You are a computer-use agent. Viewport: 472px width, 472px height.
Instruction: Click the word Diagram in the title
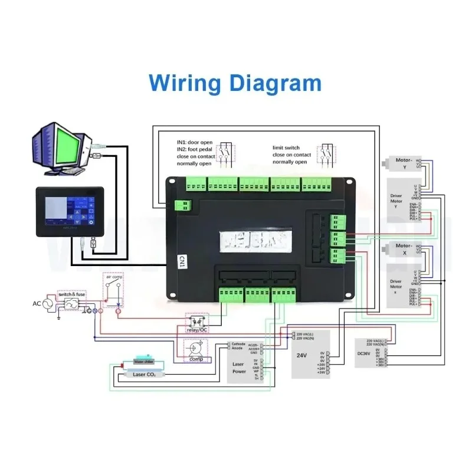click(276, 82)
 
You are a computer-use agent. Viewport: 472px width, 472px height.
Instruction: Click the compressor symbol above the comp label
click(195, 348)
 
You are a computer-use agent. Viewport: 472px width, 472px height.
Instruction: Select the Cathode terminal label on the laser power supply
click(238, 343)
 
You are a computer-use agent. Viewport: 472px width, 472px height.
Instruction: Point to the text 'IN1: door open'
click(195, 142)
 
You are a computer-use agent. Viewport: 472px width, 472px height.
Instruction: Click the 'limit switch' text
click(286, 147)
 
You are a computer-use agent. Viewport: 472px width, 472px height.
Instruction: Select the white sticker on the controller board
click(254, 239)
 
